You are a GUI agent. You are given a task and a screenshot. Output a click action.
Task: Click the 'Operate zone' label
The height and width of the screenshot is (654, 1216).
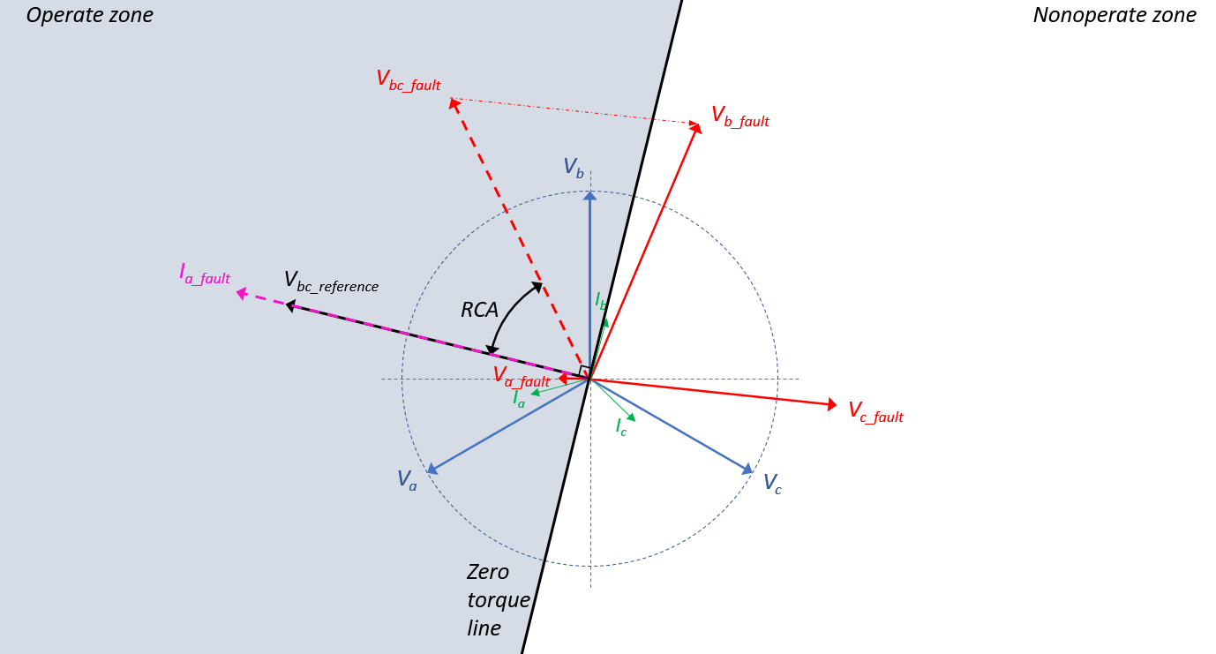pyautogui.click(x=89, y=15)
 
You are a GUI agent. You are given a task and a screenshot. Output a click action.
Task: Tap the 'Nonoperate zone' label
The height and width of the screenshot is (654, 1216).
pyautogui.click(x=1115, y=15)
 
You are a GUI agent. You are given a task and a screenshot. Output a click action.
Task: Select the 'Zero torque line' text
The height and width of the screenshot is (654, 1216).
pyautogui.click(x=498, y=600)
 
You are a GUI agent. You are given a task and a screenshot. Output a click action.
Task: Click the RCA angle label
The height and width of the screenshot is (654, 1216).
pyautogui.click(x=479, y=310)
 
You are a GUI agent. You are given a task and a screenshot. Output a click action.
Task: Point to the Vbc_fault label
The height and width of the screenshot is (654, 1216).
pyautogui.click(x=408, y=80)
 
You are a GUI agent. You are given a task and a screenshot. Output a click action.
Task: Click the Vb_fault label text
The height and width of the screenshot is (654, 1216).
pyautogui.click(x=739, y=117)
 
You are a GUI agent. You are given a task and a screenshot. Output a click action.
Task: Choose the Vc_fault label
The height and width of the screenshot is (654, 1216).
pyautogui.click(x=875, y=412)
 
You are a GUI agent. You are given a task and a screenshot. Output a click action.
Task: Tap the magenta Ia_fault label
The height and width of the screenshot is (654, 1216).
pyautogui.click(x=204, y=274)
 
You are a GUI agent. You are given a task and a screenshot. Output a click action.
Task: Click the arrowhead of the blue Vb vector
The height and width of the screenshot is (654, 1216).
pyautogui.click(x=590, y=195)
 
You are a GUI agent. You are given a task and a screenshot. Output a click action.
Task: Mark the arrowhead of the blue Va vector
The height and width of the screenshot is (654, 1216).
pyautogui.click(x=432, y=470)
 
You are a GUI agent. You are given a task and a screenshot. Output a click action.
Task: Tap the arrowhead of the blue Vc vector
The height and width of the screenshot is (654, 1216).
pyautogui.click(x=748, y=470)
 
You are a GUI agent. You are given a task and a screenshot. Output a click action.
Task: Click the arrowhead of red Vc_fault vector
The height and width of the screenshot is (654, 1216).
pyautogui.click(x=831, y=405)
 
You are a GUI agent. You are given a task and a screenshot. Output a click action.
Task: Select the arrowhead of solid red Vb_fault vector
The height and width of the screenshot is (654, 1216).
pyautogui.click(x=696, y=129)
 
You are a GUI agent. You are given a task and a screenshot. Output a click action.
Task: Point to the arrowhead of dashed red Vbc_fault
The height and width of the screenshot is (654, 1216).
pyautogui.click(x=454, y=104)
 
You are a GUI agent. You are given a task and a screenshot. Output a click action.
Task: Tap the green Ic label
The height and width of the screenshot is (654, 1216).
pyautogui.click(x=621, y=427)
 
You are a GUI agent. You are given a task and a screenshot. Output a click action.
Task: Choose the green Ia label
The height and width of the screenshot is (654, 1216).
pyautogui.click(x=519, y=398)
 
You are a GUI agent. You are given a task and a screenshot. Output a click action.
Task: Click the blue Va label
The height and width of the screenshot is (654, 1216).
pyautogui.click(x=406, y=479)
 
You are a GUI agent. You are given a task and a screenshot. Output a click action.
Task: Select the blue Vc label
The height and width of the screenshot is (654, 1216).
pyautogui.click(x=772, y=484)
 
